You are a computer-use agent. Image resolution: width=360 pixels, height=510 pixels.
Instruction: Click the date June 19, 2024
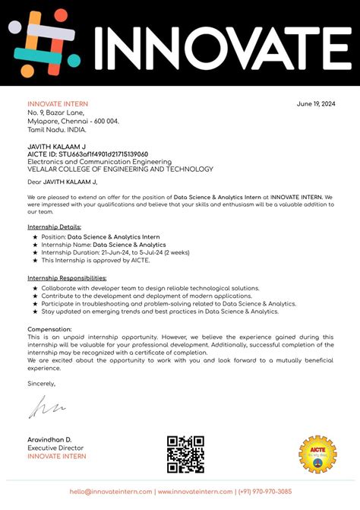click(314, 104)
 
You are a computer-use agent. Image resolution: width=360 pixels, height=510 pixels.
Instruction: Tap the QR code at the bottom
click(186, 455)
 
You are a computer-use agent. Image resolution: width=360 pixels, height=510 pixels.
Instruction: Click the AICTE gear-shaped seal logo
click(317, 455)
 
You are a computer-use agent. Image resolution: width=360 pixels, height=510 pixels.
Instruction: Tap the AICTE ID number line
click(87, 154)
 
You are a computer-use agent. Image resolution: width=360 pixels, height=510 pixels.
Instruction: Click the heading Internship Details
click(54, 227)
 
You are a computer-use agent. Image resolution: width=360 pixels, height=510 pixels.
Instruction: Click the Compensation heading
click(51, 329)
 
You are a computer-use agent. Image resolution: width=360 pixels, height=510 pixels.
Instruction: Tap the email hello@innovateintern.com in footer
click(112, 492)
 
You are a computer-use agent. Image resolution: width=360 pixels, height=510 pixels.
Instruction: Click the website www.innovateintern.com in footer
click(194, 492)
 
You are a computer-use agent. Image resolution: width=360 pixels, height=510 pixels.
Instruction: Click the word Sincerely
click(42, 384)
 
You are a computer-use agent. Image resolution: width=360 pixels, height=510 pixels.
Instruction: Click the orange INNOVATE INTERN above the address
click(58, 104)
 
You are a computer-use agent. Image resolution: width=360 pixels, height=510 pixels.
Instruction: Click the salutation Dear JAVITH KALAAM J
click(62, 182)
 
